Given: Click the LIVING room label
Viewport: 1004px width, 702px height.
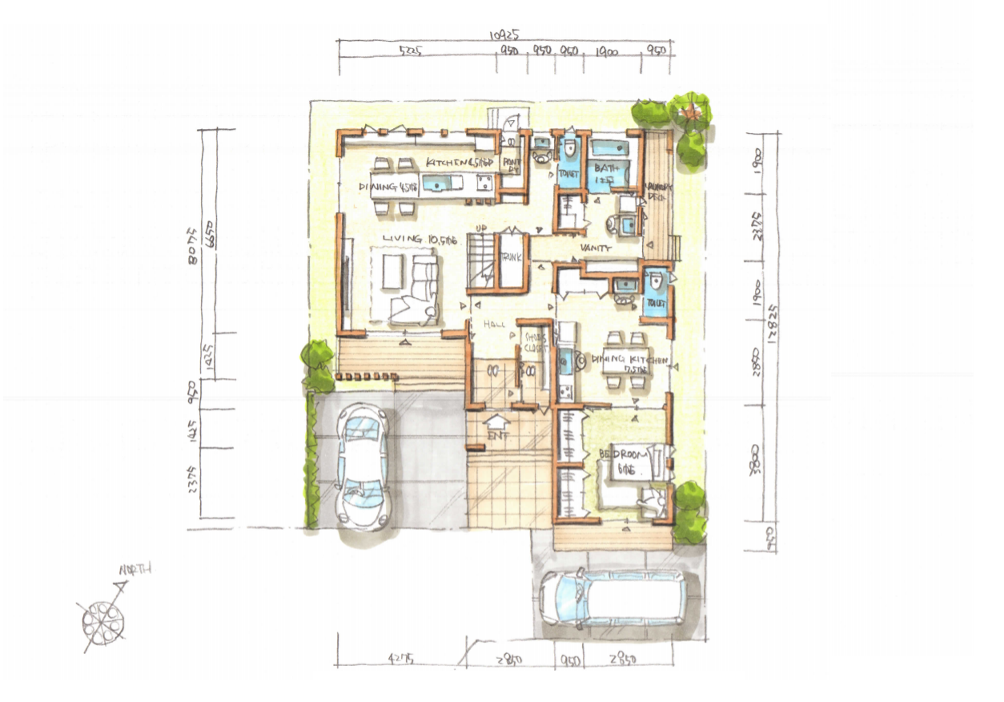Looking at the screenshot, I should [x=412, y=239].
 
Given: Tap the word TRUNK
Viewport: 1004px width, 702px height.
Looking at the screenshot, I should [x=512, y=258].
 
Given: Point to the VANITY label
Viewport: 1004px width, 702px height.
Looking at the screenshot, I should [x=596, y=249].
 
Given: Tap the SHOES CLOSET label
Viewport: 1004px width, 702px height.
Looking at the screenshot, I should [x=535, y=343].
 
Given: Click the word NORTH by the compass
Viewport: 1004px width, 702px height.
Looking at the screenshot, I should [x=135, y=570].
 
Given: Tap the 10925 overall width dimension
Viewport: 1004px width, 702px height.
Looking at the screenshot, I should [x=506, y=35].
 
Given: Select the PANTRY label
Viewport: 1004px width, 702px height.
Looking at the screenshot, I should [x=512, y=163].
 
